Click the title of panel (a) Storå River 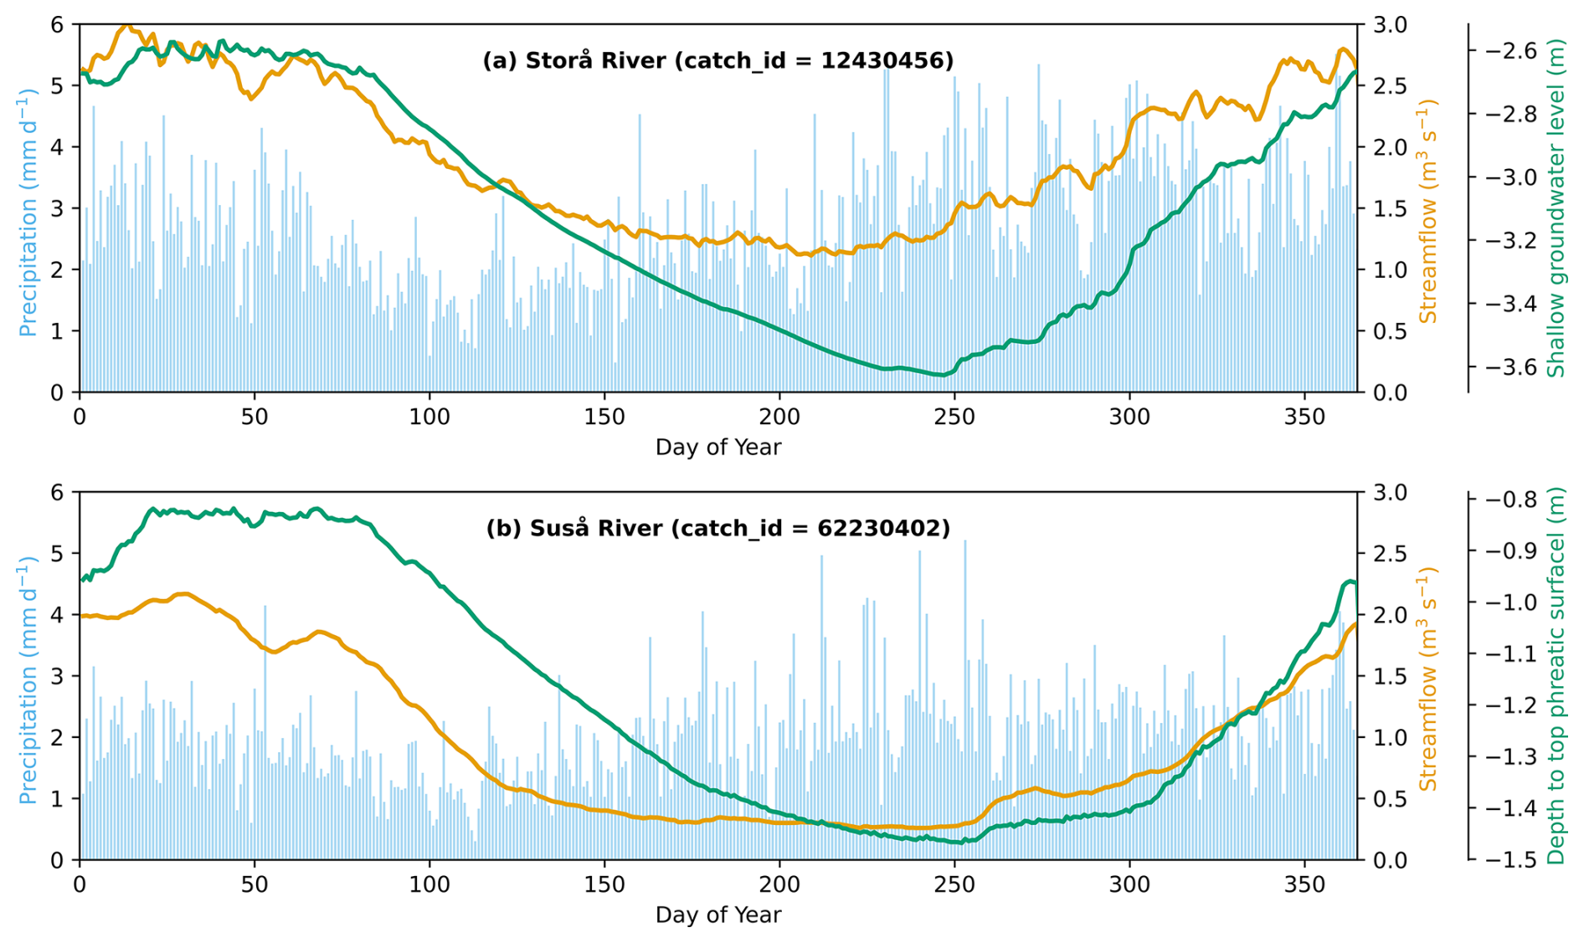pyautogui.click(x=717, y=60)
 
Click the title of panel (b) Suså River pyautogui.click(x=717, y=528)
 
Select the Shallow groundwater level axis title pyautogui.click(x=1556, y=208)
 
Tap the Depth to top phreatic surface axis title pyautogui.click(x=1556, y=675)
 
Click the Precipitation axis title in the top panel pyautogui.click(x=28, y=212)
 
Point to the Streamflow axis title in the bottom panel pyautogui.click(x=1427, y=679)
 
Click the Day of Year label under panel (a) pyautogui.click(x=717, y=447)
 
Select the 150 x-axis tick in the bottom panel pyautogui.click(x=604, y=884)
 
